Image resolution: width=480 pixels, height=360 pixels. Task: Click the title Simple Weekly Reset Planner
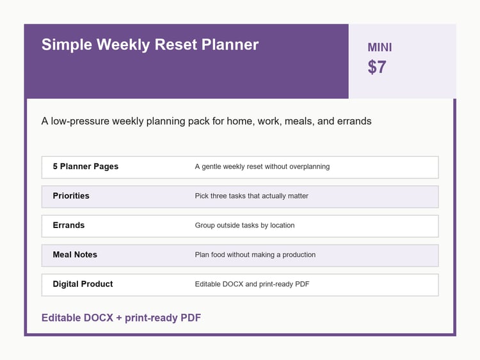click(150, 45)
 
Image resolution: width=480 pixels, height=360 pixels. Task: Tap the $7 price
click(377, 67)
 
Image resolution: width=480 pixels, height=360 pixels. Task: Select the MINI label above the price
click(380, 47)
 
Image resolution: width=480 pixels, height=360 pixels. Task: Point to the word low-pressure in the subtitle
click(80, 121)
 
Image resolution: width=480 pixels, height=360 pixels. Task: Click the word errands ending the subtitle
click(354, 121)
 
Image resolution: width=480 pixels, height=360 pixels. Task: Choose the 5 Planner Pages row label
click(85, 167)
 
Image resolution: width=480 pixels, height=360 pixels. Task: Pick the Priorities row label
click(71, 196)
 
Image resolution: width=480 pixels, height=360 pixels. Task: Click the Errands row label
click(68, 225)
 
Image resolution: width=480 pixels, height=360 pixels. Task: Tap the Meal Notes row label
click(75, 254)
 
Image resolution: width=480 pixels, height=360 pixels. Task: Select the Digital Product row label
click(83, 284)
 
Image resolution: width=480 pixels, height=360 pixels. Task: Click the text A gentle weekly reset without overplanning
click(262, 167)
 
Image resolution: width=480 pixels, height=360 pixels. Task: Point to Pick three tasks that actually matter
click(252, 196)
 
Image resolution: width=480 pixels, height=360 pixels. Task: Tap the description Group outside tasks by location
click(244, 225)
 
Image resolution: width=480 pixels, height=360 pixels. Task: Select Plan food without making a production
click(255, 255)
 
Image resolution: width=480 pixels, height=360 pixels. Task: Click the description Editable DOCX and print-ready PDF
click(252, 284)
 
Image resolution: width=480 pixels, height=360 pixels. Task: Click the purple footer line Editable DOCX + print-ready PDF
click(121, 318)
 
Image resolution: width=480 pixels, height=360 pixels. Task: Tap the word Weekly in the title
click(124, 45)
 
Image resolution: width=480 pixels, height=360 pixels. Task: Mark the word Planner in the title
click(230, 45)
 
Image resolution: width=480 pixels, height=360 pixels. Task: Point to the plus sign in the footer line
click(119, 318)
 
